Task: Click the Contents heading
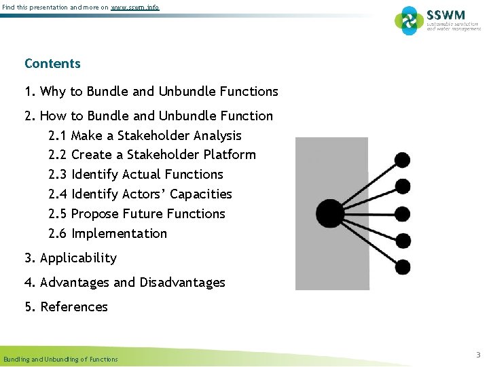click(52, 64)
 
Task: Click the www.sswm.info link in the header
click(135, 7)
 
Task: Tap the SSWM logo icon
click(409, 20)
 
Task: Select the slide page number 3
click(478, 355)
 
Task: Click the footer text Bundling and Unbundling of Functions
click(60, 359)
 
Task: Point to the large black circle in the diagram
click(331, 213)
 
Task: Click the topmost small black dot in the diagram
click(403, 160)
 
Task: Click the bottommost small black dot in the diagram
click(403, 266)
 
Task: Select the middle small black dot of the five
click(403, 213)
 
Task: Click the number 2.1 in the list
click(58, 136)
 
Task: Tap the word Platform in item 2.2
click(230, 155)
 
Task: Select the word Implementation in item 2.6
click(119, 234)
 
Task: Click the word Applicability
click(78, 258)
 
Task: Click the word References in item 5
click(74, 307)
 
